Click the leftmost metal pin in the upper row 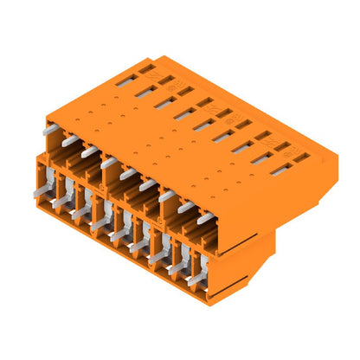pyautogui.click(x=51, y=128)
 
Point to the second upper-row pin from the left pyautogui.click(x=70, y=139)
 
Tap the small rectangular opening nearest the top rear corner pyautogui.click(x=147, y=67)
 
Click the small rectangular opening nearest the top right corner pyautogui.click(x=300, y=157)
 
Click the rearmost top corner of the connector pyautogui.click(x=155, y=57)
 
